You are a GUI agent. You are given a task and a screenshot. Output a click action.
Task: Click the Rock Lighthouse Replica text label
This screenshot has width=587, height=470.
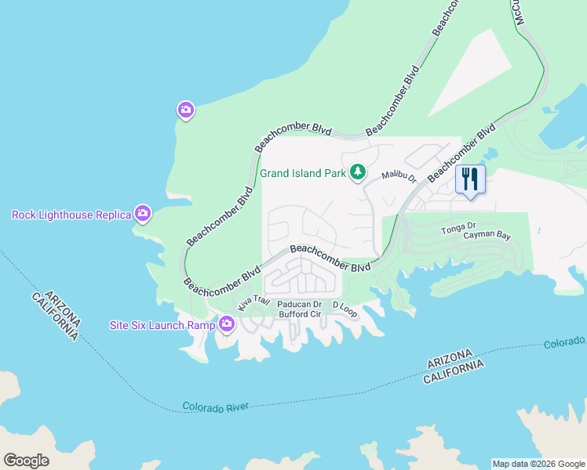[71, 215]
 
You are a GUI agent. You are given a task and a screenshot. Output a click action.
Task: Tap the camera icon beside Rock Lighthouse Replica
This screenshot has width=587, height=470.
[142, 213]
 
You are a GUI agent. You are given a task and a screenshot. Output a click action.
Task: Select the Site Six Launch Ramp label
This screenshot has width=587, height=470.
[162, 324]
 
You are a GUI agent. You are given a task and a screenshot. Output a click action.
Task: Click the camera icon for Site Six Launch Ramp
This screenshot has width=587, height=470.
[227, 324]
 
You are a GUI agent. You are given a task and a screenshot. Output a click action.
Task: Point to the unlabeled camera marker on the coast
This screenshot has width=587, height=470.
[185, 110]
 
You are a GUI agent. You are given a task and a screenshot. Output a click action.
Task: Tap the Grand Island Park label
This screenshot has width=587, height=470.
[303, 172]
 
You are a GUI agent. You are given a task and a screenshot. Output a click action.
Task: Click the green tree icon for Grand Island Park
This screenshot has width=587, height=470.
[358, 172]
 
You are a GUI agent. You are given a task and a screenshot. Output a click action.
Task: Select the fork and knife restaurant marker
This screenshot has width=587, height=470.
[470, 179]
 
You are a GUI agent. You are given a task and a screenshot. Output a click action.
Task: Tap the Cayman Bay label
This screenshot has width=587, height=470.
[487, 235]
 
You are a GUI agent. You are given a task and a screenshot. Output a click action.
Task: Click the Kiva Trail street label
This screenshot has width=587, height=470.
[253, 301]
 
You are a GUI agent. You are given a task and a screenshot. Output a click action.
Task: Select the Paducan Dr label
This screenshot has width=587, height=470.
[300, 305]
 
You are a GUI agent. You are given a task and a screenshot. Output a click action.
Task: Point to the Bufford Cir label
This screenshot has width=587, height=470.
[299, 314]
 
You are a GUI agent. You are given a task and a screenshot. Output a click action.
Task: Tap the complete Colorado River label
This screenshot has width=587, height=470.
[215, 407]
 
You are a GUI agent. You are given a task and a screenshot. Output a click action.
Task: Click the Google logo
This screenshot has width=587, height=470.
[26, 460]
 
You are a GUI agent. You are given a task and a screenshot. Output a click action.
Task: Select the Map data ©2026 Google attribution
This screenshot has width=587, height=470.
[538, 464]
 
